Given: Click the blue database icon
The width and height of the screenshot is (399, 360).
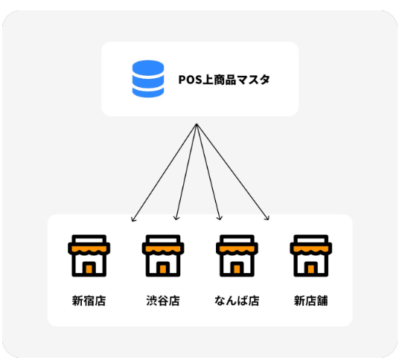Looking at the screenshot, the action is tap(148, 79).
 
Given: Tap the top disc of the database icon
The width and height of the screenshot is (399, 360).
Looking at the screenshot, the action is tap(148, 68).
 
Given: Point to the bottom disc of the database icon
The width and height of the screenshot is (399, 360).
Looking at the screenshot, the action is tap(148, 92).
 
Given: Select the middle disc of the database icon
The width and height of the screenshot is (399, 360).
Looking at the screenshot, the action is tap(148, 81).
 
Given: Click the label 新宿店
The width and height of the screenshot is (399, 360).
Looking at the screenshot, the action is tap(89, 300).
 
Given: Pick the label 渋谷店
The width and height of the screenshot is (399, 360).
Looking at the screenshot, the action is tap(163, 300).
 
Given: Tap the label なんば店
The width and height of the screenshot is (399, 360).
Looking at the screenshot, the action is tap(237, 300).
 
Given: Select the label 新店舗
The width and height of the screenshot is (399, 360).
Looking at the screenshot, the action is tap(311, 300).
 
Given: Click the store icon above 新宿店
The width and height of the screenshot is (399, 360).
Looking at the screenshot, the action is tap(89, 256).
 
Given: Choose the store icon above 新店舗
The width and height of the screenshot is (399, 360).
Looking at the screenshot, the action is tap(311, 256).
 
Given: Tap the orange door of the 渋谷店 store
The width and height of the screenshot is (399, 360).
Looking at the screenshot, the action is tap(163, 269).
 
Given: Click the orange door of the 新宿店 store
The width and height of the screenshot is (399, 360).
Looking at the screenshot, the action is tap(89, 269).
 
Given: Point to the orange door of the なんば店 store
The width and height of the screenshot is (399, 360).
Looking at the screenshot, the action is tap(237, 269).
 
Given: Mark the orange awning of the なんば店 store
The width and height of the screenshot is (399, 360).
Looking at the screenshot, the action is tap(237, 249).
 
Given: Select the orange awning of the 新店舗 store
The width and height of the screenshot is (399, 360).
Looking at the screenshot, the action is tap(311, 249).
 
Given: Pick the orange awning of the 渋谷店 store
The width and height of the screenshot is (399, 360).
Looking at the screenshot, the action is tap(163, 249).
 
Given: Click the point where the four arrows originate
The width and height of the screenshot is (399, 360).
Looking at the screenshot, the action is tap(197, 124).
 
